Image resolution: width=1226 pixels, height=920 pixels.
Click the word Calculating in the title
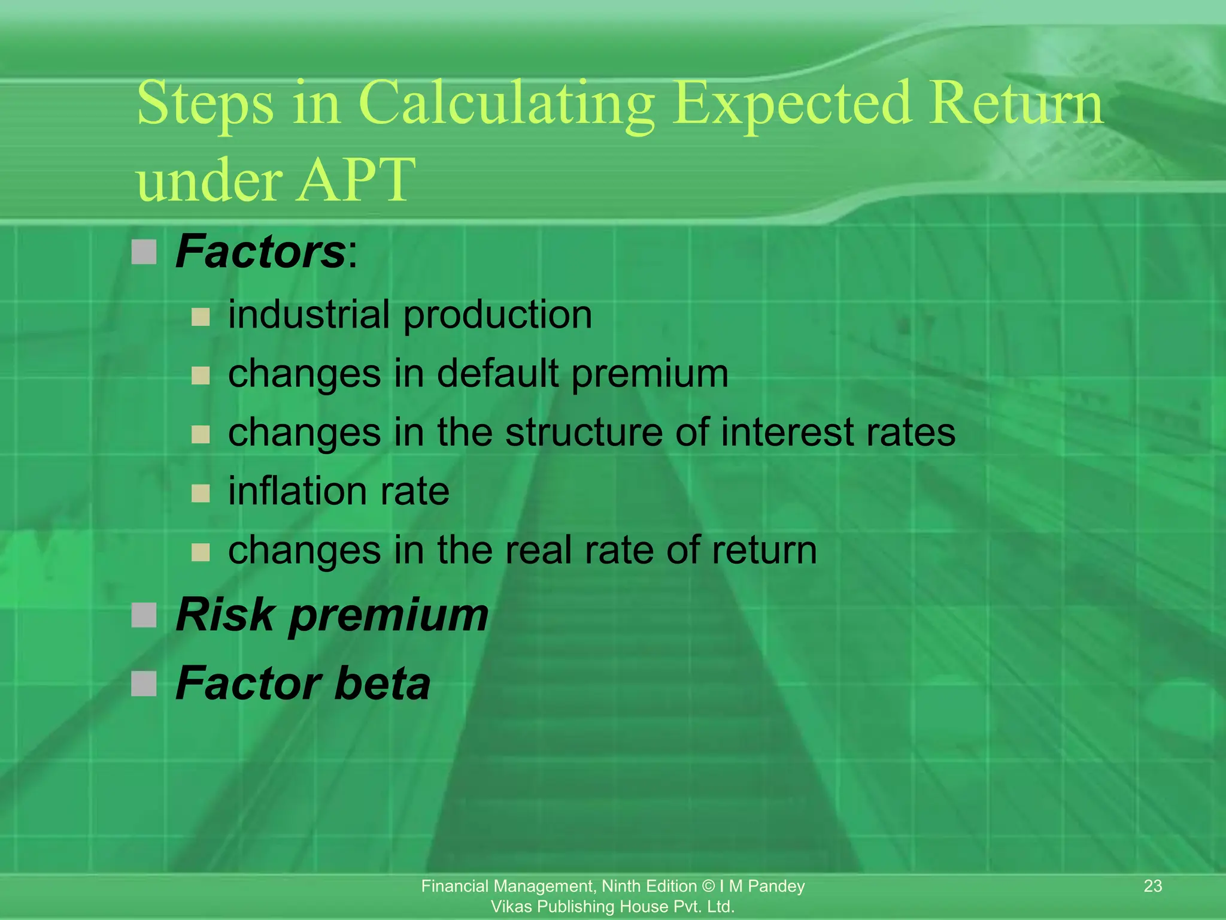[x=506, y=105]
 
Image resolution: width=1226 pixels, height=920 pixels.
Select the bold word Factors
[x=260, y=252]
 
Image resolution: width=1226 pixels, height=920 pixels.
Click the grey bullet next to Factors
[x=144, y=252]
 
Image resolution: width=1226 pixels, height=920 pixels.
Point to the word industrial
[x=309, y=314]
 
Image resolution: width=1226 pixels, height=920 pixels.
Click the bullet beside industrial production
[x=201, y=316]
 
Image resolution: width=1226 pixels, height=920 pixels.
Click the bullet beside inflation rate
[x=201, y=494]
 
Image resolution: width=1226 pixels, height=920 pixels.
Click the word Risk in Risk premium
[x=224, y=615]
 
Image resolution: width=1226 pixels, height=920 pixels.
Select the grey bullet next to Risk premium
[x=144, y=615]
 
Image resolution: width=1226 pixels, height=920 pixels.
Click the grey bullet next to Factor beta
[x=144, y=683]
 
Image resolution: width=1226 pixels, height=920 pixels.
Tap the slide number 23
[x=1152, y=886]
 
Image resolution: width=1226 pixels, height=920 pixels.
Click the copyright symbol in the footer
[x=708, y=886]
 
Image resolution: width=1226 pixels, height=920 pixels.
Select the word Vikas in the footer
[x=512, y=907]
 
